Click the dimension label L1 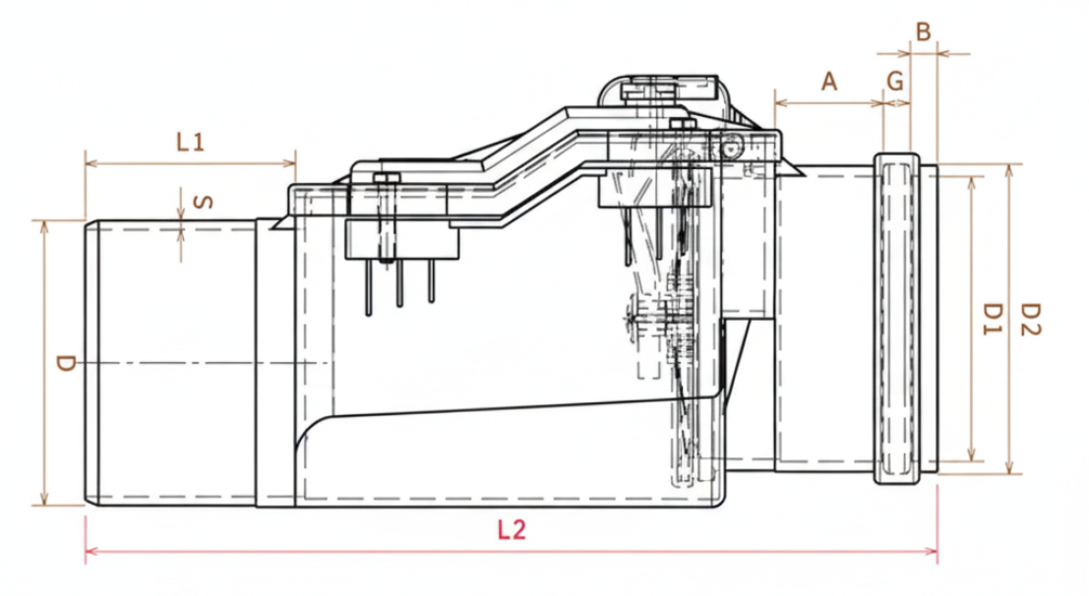190,142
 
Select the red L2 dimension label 512,531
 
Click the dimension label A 829,82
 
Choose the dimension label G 895,82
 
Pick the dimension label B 923,31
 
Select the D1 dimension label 993,320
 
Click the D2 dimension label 1030,320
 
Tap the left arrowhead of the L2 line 91,551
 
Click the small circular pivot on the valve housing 728,149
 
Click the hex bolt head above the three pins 387,178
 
